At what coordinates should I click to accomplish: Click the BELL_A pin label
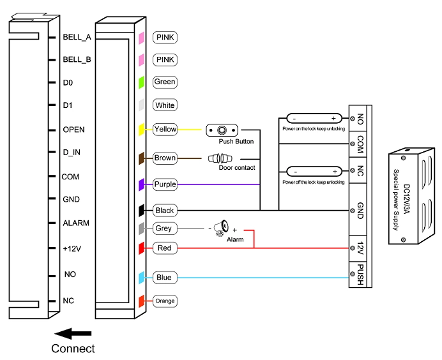pyautogui.click(x=77, y=37)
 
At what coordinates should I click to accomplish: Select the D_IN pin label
pyautogui.click(x=72, y=153)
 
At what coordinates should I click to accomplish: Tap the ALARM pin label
pyautogui.click(x=76, y=223)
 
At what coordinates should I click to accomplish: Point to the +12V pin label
pyautogui.click(x=72, y=249)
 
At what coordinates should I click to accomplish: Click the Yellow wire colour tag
pyautogui.click(x=165, y=130)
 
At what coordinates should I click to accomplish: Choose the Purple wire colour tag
pyautogui.click(x=165, y=184)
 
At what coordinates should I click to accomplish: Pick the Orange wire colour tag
pyautogui.click(x=165, y=301)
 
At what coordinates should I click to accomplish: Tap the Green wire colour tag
pyautogui.click(x=165, y=82)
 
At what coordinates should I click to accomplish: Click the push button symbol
pyautogui.click(x=222, y=130)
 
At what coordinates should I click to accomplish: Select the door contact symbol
pyautogui.click(x=220, y=158)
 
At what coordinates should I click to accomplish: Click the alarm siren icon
pyautogui.click(x=221, y=228)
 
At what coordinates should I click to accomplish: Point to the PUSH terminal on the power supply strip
pyautogui.click(x=360, y=274)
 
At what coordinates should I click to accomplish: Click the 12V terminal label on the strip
pyautogui.click(x=360, y=248)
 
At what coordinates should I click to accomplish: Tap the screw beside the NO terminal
pyautogui.click(x=353, y=119)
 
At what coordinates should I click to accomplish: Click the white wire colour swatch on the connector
pyautogui.click(x=142, y=105)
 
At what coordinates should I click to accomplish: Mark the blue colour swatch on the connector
pyautogui.click(x=142, y=278)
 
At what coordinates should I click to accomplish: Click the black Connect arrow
pyautogui.click(x=73, y=334)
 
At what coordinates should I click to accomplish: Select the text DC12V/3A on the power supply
pyautogui.click(x=406, y=199)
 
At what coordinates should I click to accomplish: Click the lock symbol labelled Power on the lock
pyautogui.click(x=314, y=119)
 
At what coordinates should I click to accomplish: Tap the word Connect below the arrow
pyautogui.click(x=73, y=349)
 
